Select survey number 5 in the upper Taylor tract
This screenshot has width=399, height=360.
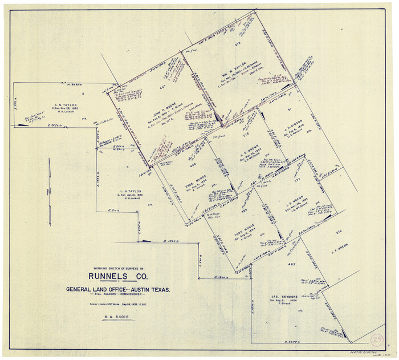tap(83, 93)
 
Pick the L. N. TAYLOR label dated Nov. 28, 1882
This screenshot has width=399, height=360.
tap(67, 105)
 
